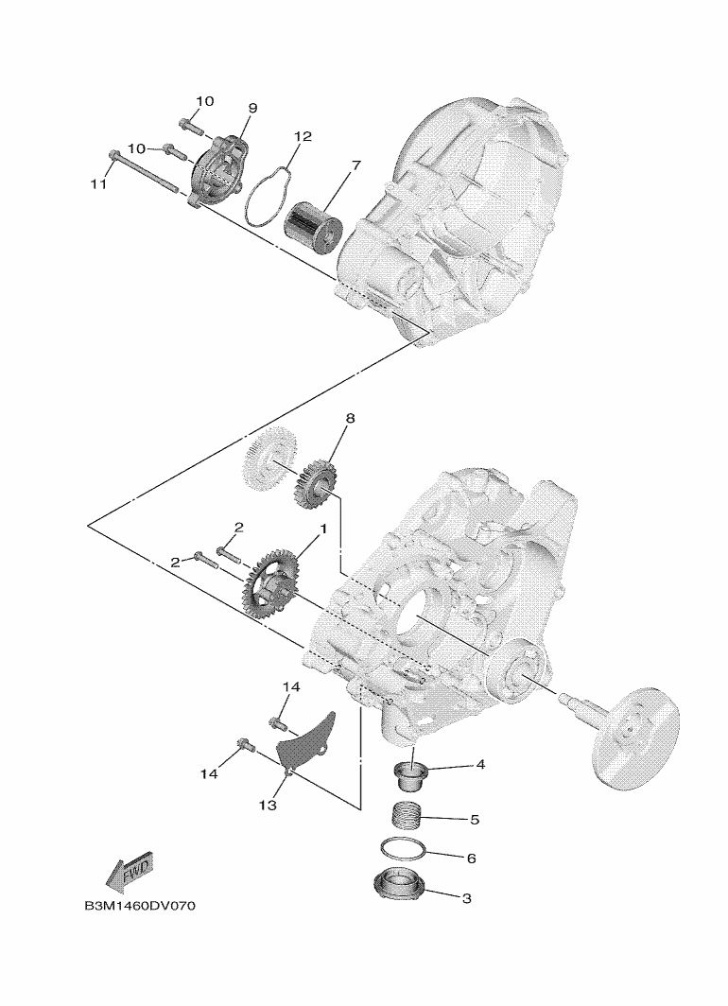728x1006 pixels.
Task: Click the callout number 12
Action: coord(302,137)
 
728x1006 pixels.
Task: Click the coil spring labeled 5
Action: coord(408,812)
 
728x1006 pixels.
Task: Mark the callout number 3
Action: coord(465,898)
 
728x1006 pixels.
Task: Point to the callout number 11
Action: coord(98,185)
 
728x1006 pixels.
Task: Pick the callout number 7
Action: coord(355,166)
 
